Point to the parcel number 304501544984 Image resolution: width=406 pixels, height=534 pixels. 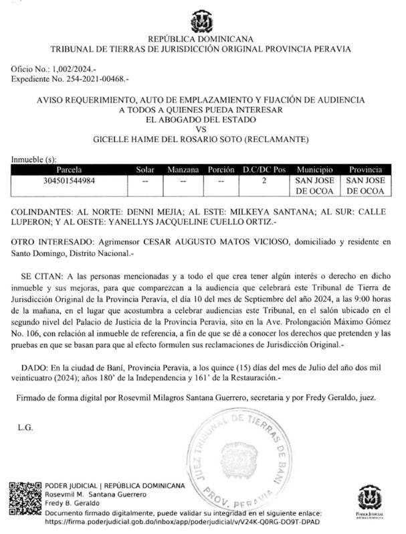74,181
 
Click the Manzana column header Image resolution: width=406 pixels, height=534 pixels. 183,170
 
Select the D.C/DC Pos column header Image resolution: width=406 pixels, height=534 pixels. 264,170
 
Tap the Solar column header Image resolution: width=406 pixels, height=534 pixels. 145,170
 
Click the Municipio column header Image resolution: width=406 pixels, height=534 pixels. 315,170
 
